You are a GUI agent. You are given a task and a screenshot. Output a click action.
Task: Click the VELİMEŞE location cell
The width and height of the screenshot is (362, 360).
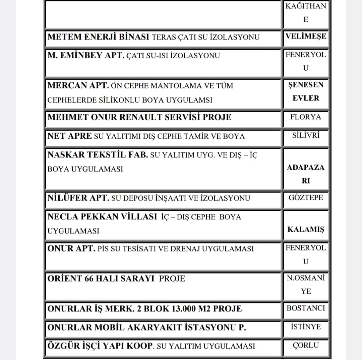pos(306,36)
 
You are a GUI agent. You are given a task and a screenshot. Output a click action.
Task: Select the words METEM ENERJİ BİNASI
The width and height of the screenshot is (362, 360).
pos(98,37)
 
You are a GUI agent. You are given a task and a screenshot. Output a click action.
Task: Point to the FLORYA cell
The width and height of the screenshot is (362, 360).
pos(306,117)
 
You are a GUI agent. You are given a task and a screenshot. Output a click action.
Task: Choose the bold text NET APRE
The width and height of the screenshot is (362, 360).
pos(69,136)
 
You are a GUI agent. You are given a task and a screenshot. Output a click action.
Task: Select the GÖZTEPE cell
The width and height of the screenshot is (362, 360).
pos(306,197)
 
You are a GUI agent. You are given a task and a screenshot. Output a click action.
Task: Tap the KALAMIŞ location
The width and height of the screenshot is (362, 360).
pos(306,229)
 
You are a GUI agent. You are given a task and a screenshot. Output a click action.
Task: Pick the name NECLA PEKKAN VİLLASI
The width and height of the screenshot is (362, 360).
pos(102,217)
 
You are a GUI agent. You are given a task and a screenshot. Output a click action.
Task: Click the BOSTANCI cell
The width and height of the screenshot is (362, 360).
pos(306,308)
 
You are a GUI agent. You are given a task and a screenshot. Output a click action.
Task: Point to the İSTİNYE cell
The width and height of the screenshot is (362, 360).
pos(306,327)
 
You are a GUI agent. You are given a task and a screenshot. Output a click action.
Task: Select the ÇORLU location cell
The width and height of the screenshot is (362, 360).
pos(306,345)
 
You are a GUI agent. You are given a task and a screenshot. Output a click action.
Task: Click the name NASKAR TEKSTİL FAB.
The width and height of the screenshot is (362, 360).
pos(98,155)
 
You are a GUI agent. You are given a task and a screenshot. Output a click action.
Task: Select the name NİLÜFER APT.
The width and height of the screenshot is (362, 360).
pos(78,198)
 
